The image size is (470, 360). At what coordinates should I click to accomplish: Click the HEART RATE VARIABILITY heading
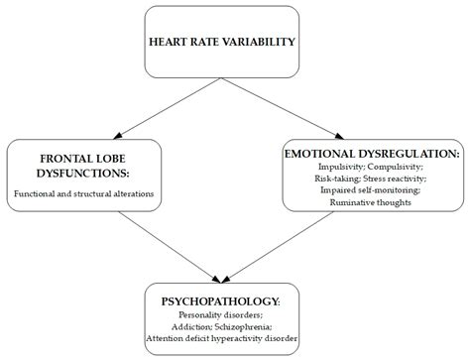(x=220, y=43)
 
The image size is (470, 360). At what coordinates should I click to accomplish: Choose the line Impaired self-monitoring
(x=370, y=189)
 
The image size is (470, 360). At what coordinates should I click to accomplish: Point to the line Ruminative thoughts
(x=370, y=201)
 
